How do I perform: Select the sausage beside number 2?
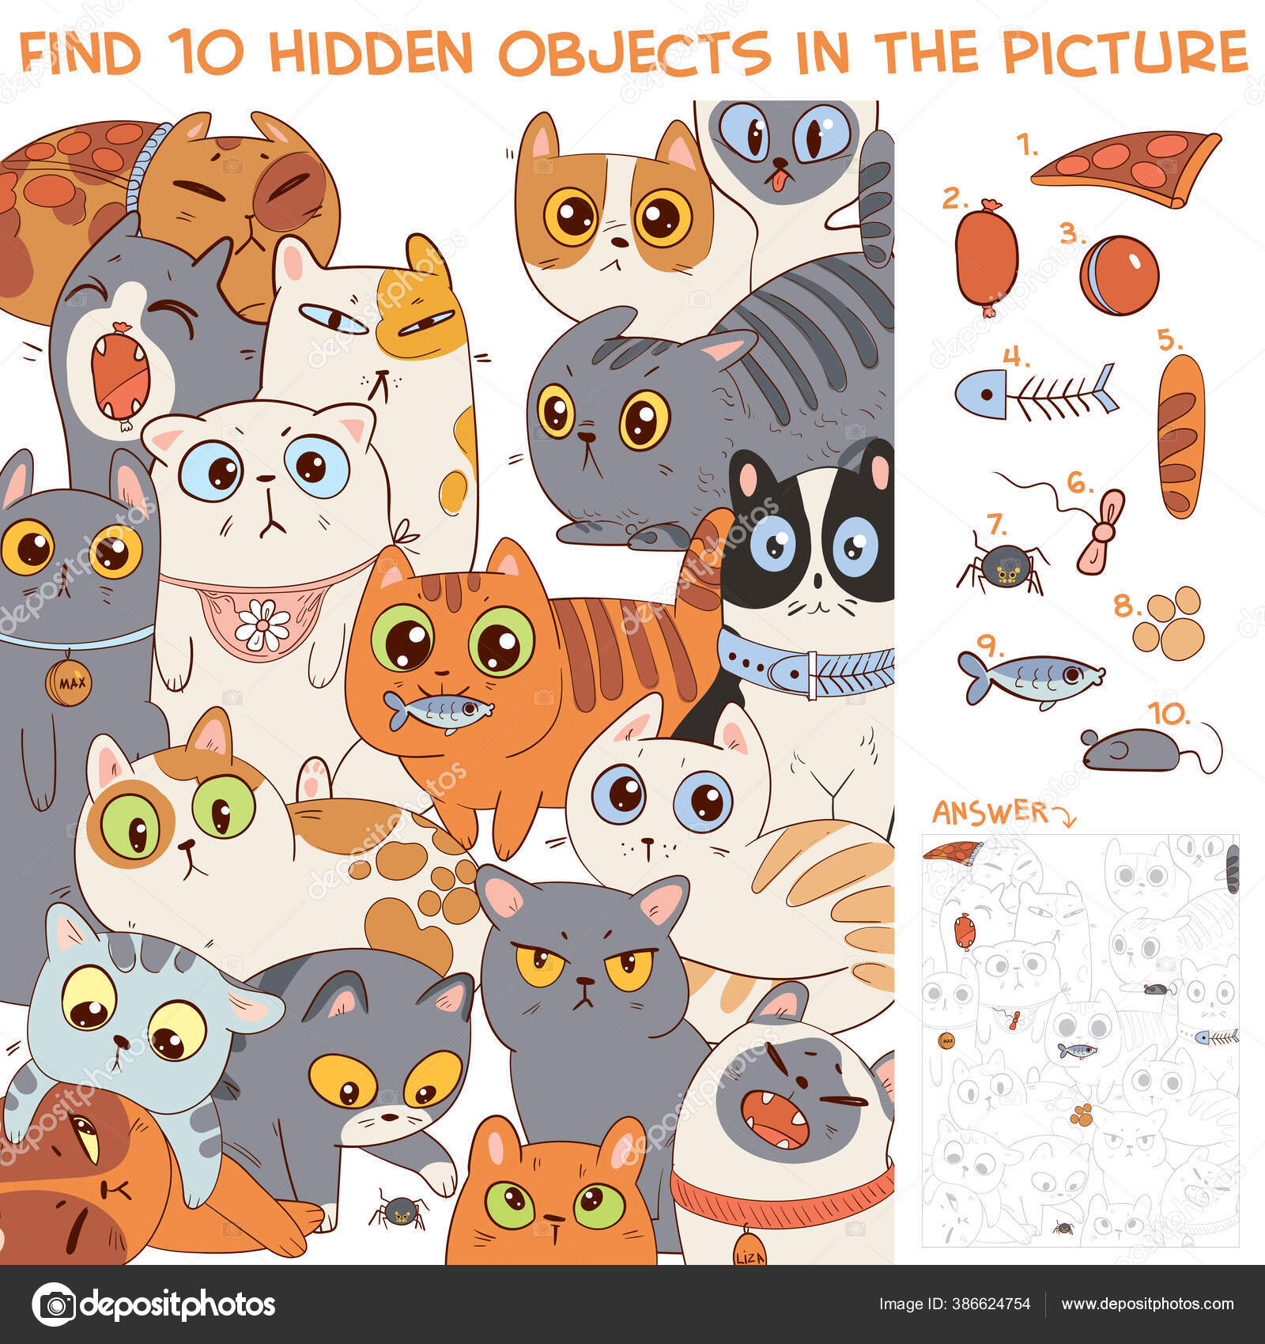[986, 257]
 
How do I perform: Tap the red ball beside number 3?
[1119, 275]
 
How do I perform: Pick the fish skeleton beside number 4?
[1036, 391]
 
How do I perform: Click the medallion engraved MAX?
[69, 681]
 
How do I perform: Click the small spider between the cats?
[400, 1210]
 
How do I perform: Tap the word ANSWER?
[989, 811]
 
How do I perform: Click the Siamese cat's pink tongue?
[780, 181]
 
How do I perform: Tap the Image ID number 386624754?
[992, 1304]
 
